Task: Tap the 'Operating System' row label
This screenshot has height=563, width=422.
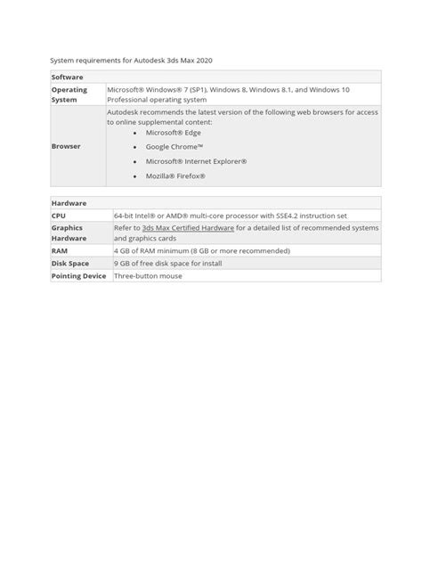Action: coord(69,95)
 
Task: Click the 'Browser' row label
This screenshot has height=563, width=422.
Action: coord(66,146)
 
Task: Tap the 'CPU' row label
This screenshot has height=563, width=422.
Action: coord(59,216)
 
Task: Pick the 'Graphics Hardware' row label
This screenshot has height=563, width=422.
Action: coord(68,233)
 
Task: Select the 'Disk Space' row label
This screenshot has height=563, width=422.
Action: coord(70,264)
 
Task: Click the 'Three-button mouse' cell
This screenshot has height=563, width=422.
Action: coord(147,276)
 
